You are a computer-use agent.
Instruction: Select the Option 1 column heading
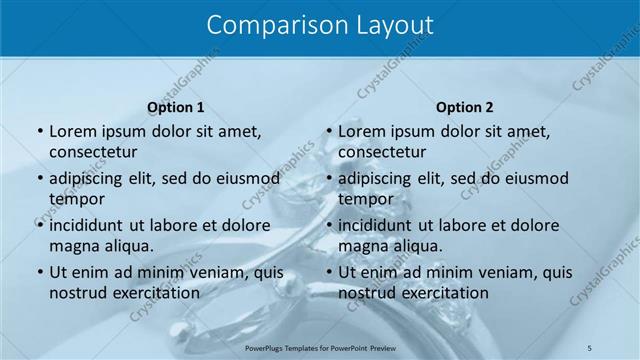click(176, 107)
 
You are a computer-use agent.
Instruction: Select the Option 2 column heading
click(465, 107)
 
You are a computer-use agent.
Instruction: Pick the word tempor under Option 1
click(77, 199)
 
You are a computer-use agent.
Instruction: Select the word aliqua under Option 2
click(410, 245)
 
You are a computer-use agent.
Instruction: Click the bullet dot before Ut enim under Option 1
click(39, 272)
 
